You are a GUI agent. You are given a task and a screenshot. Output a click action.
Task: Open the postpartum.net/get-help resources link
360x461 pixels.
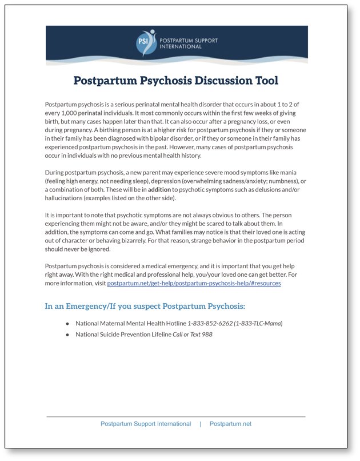[194, 283]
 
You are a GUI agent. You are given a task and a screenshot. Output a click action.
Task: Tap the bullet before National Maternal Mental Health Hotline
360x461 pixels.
[67, 324]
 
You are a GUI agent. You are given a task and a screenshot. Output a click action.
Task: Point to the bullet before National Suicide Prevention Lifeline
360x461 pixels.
[67, 335]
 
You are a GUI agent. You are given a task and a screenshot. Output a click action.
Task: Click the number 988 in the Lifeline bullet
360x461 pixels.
[207, 335]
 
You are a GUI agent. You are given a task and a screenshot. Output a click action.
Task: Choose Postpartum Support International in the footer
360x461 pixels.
[146, 424]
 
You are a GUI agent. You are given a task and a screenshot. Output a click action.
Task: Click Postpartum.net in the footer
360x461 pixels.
[230, 424]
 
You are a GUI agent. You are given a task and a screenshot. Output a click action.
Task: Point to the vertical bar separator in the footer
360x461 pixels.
[200, 424]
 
